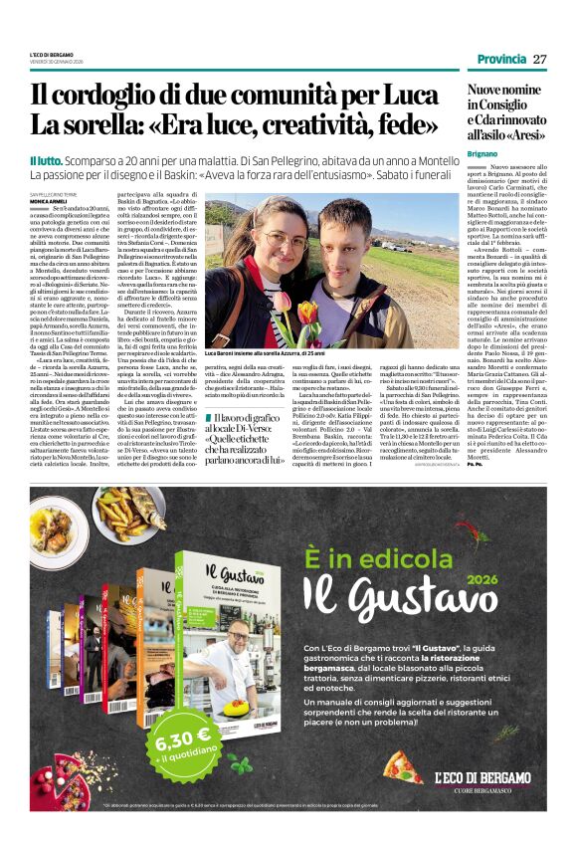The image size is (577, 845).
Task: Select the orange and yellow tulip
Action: point(308,314)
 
